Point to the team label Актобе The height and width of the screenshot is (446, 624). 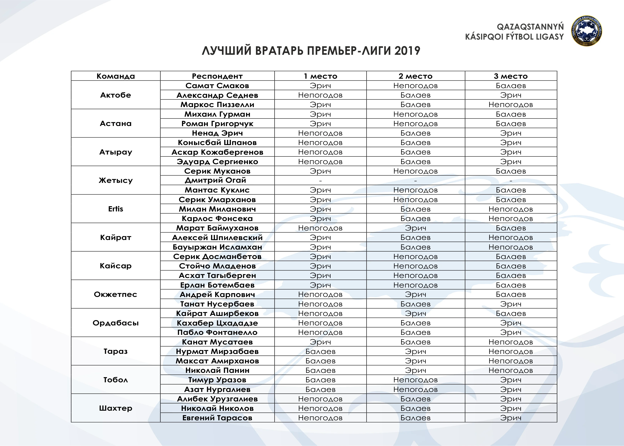116,95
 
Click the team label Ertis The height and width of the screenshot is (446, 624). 116,209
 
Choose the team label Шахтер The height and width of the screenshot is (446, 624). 116,408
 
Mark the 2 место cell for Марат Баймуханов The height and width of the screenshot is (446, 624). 415,228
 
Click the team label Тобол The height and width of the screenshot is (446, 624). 116,380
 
